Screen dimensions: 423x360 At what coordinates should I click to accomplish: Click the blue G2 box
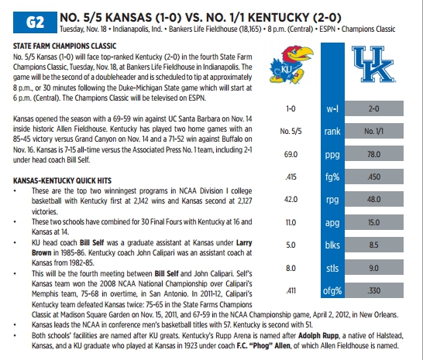click(35, 22)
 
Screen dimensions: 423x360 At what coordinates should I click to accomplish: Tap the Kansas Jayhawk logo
click(291, 64)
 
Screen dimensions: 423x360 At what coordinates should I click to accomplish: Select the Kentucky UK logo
click(373, 64)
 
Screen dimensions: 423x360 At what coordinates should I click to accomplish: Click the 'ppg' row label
click(332, 155)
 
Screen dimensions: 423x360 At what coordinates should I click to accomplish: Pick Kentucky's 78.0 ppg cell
click(374, 154)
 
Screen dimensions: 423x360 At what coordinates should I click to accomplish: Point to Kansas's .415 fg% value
click(291, 177)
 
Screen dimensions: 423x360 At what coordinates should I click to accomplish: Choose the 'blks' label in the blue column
click(332, 245)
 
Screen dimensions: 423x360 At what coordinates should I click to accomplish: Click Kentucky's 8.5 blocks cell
click(374, 245)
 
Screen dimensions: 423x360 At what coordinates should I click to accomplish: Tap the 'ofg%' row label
click(332, 290)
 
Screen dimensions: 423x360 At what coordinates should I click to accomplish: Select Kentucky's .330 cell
click(374, 290)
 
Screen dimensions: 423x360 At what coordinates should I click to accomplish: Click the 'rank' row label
click(332, 132)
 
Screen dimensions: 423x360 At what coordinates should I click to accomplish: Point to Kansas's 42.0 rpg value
click(291, 199)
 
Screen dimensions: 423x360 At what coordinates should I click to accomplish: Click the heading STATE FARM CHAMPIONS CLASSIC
click(65, 46)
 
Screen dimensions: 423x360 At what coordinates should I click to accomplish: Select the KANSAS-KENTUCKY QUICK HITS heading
click(62, 180)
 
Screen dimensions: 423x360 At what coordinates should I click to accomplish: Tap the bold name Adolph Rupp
click(318, 336)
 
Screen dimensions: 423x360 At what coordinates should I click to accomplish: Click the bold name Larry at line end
click(244, 242)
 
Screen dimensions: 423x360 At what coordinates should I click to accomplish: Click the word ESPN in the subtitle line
click(327, 29)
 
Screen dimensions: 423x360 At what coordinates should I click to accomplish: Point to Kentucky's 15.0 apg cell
click(374, 222)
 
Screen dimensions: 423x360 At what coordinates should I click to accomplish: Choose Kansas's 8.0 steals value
click(291, 269)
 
